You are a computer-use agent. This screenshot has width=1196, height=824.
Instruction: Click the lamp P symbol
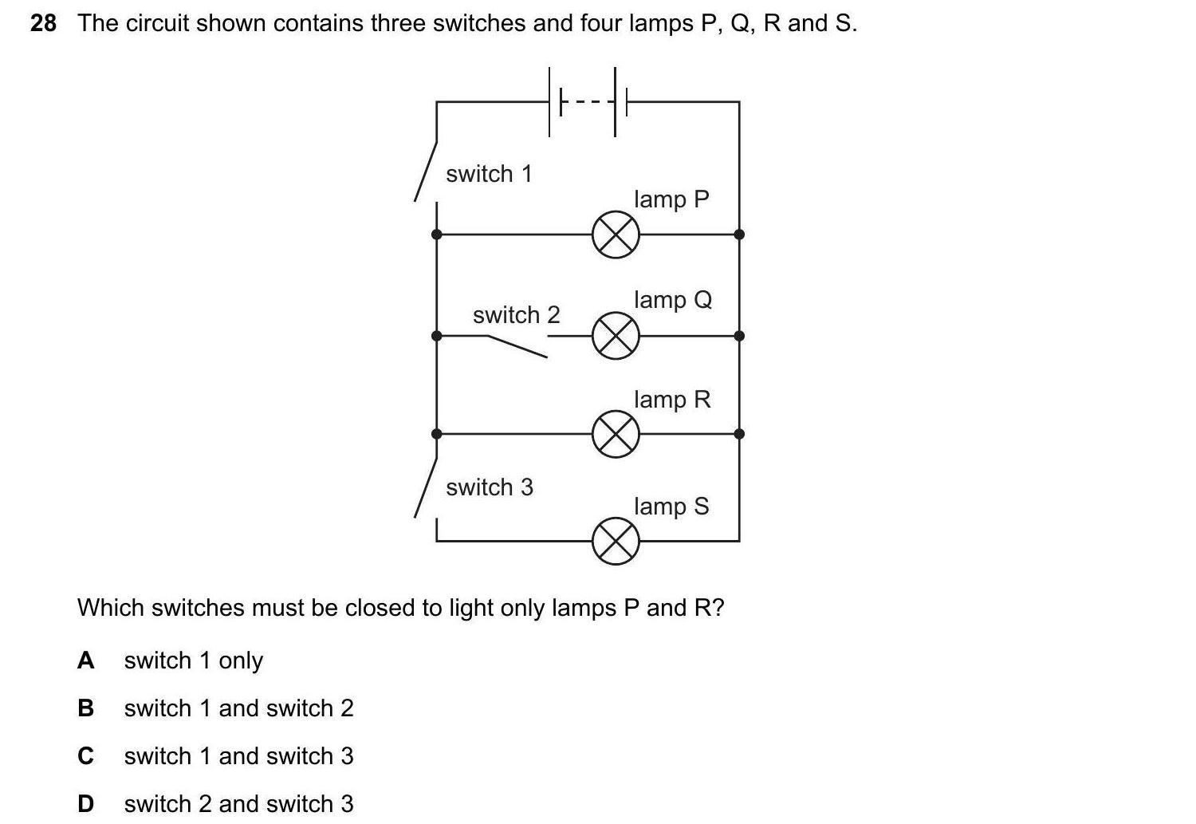pyautogui.click(x=616, y=235)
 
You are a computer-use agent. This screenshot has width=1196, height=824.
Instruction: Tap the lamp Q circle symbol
pyautogui.click(x=616, y=336)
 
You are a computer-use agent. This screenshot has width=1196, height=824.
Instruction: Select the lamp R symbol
pyautogui.click(x=616, y=434)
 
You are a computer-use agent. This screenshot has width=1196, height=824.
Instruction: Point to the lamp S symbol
pyautogui.click(x=616, y=542)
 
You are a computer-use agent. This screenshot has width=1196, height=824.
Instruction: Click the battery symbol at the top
pyautogui.click(x=588, y=102)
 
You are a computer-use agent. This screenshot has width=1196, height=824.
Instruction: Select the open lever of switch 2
pyautogui.click(x=517, y=346)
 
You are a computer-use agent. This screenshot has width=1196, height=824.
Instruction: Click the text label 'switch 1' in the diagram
pyautogui.click(x=489, y=174)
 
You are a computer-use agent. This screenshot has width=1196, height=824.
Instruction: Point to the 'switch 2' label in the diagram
pyautogui.click(x=516, y=315)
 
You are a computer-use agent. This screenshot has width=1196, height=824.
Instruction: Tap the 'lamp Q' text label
pyautogui.click(x=672, y=300)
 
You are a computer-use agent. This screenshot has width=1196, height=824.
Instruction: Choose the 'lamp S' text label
pyautogui.click(x=671, y=507)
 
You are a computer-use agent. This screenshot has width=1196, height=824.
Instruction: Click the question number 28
pyautogui.click(x=44, y=24)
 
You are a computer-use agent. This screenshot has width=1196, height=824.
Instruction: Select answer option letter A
pyautogui.click(x=85, y=660)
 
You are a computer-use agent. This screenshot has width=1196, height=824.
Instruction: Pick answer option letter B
pyautogui.click(x=85, y=708)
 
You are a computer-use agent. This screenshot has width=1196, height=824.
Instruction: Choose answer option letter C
pyautogui.click(x=85, y=756)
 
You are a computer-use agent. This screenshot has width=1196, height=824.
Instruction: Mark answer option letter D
pyautogui.click(x=85, y=804)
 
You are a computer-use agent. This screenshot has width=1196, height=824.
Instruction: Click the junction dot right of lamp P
pyautogui.click(x=739, y=235)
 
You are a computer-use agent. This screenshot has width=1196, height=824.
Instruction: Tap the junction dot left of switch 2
pyautogui.click(x=436, y=336)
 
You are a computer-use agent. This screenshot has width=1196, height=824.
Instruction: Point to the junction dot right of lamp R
pyautogui.click(x=739, y=434)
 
